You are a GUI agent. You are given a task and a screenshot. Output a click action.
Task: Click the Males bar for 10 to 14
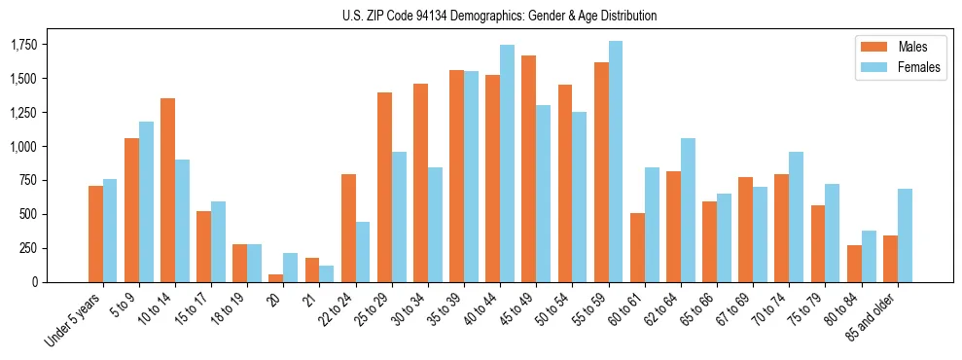(167, 190)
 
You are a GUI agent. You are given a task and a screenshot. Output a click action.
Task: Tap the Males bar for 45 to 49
(528, 168)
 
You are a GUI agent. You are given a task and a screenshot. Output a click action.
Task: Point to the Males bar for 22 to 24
(348, 228)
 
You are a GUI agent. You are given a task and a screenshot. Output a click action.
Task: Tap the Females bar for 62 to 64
(688, 210)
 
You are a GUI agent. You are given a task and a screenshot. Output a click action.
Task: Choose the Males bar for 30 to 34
(420, 183)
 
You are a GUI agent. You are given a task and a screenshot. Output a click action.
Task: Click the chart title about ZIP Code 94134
(499, 16)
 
